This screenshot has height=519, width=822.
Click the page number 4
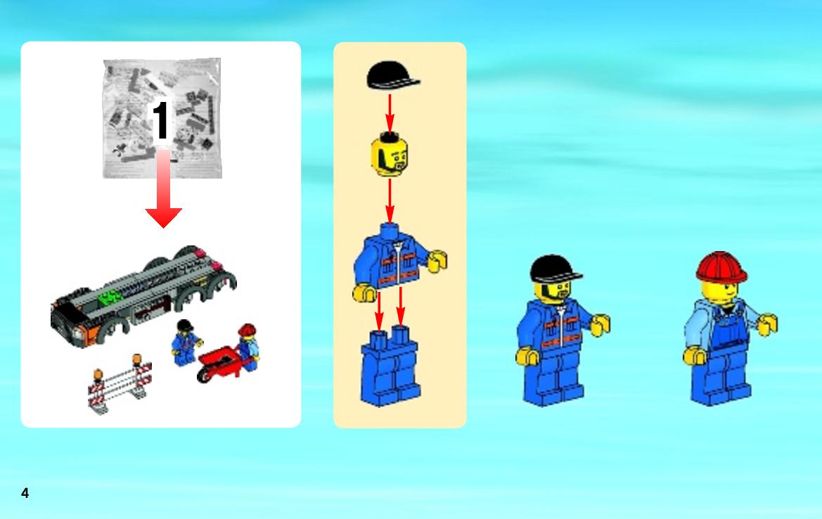(x=25, y=493)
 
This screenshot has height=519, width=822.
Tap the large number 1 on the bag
(x=160, y=120)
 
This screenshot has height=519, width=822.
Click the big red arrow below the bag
(x=164, y=188)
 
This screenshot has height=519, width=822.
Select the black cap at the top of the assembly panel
(x=392, y=75)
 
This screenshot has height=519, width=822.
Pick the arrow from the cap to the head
(x=390, y=113)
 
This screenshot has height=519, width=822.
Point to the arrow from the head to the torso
(x=390, y=201)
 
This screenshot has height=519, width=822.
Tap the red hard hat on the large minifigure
(x=721, y=267)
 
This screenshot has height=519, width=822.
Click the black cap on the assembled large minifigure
(x=555, y=269)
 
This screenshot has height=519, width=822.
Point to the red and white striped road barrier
(x=120, y=383)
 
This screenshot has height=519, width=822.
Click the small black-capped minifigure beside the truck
(x=186, y=343)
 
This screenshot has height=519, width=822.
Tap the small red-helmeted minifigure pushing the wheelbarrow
(x=248, y=347)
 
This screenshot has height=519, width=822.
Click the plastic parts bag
(x=162, y=118)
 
